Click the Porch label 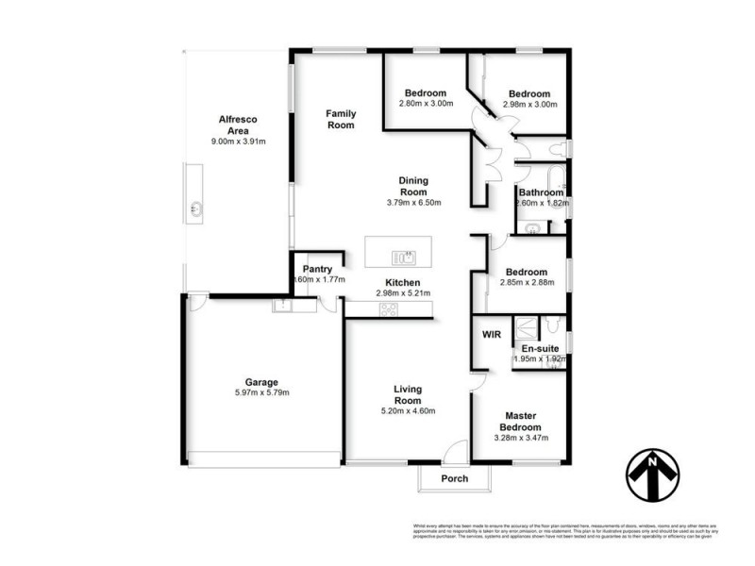[455, 478]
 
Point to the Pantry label [317, 269]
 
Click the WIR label [491, 335]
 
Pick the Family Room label [341, 119]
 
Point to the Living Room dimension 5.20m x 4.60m [408, 410]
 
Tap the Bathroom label [541, 192]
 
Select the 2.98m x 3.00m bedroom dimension [528, 104]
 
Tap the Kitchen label [402, 282]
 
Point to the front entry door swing [456, 451]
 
